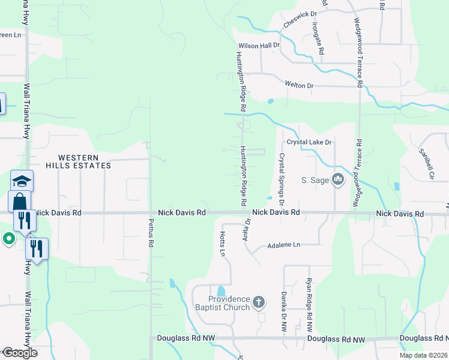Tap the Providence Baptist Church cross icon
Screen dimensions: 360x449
click(x=258, y=301)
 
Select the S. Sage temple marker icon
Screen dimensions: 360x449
click(x=337, y=179)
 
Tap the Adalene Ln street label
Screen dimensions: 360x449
click(x=283, y=245)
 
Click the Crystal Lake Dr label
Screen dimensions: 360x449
click(x=309, y=142)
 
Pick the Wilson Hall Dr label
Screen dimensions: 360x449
click(x=259, y=45)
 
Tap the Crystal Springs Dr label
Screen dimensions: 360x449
click(x=281, y=175)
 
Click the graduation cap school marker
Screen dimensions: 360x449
click(x=22, y=181)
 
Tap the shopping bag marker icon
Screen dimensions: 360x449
click(x=19, y=201)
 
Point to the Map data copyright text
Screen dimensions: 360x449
click(x=423, y=355)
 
